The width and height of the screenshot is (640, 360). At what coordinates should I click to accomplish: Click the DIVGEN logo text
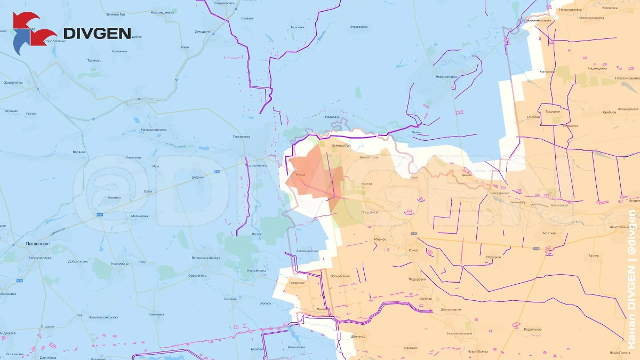97,33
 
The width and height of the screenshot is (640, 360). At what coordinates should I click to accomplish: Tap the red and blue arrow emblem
32,33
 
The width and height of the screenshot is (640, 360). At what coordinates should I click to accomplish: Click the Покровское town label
37,244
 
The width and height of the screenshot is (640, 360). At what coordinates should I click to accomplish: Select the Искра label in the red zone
300,174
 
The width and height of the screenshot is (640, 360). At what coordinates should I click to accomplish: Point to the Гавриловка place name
242,137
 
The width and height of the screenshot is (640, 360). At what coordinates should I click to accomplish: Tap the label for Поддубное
370,212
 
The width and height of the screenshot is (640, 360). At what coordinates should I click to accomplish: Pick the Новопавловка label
446,76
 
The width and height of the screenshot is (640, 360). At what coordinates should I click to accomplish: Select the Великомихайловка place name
205,258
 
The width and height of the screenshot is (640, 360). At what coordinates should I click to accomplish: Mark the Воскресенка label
340,276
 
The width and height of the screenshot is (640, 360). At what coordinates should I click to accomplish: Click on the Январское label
297,283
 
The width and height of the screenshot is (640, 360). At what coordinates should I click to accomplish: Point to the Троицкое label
552,111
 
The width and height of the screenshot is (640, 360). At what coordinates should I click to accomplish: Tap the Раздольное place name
532,329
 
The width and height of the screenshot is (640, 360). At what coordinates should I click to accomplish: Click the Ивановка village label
332,117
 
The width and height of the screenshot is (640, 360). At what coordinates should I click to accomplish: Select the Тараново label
94,60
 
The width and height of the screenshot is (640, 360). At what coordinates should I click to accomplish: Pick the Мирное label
380,239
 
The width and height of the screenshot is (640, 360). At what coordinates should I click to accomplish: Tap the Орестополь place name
197,276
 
